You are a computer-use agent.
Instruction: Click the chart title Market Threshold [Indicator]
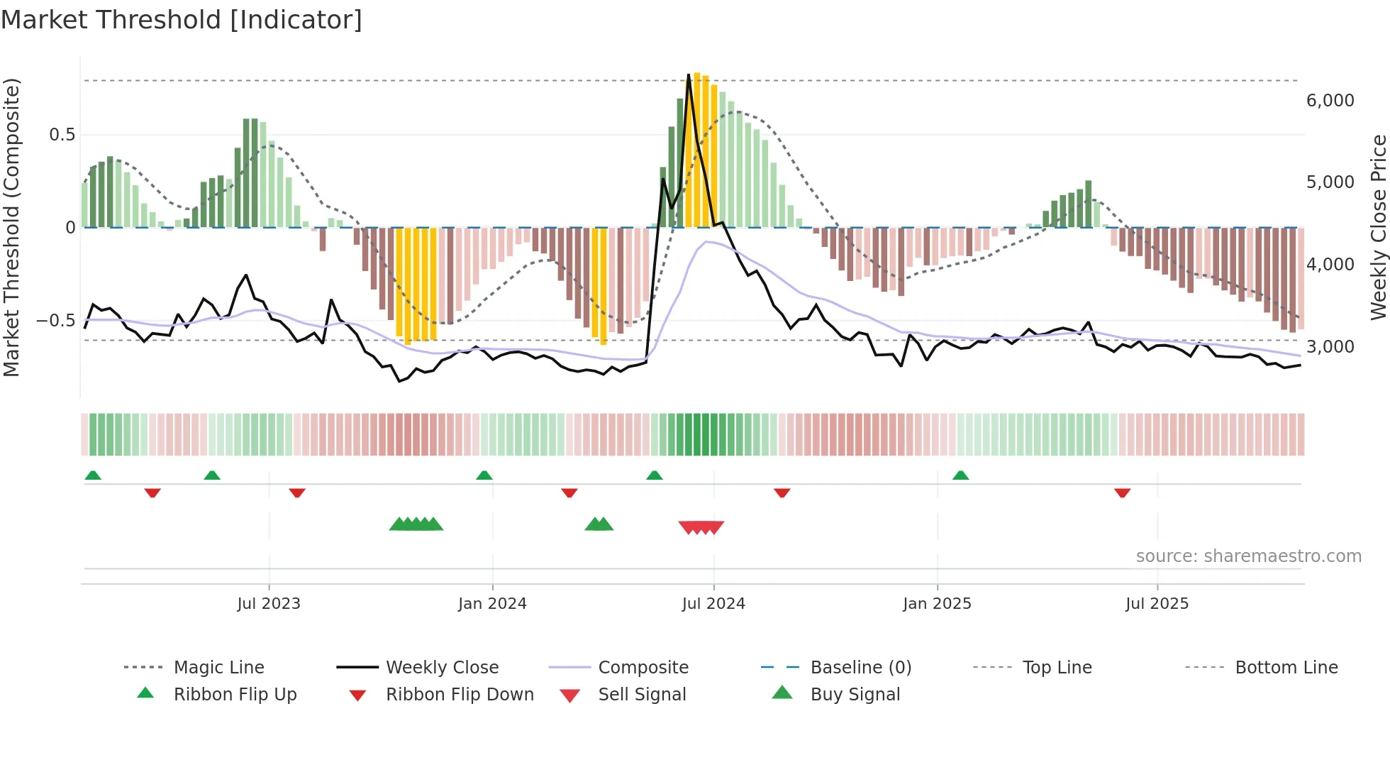(x=182, y=20)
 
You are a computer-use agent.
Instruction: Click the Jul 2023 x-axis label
(x=269, y=604)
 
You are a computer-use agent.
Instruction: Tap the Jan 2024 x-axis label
(x=492, y=604)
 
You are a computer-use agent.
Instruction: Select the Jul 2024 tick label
(x=713, y=604)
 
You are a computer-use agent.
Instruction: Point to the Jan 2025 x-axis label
(x=937, y=604)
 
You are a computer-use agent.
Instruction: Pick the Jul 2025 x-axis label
(x=1157, y=604)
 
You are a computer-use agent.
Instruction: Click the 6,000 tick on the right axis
(x=1330, y=101)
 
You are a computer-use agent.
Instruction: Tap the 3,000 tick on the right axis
(x=1330, y=347)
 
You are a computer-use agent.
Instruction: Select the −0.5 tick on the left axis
(x=55, y=321)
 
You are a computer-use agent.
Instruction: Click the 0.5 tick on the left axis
(x=62, y=135)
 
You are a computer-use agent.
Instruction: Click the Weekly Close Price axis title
(x=1378, y=227)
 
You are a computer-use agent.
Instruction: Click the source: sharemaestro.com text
(x=1248, y=556)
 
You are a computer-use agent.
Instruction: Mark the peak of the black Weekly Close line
(x=689, y=75)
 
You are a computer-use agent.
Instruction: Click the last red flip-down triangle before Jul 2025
(x=1122, y=492)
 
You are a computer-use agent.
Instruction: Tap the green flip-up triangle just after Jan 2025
(x=960, y=475)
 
